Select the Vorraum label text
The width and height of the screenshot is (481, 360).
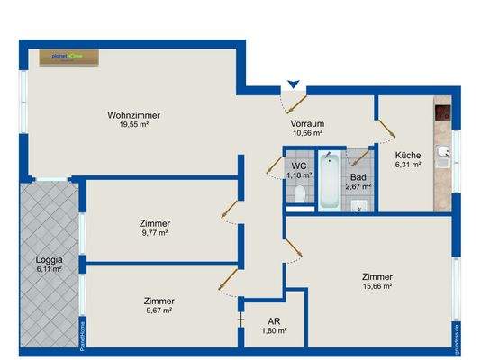tap(308, 124)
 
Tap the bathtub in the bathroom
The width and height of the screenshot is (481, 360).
tap(331, 180)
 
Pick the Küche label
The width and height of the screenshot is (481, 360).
tap(408, 155)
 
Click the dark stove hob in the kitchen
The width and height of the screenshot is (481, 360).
tap(442, 114)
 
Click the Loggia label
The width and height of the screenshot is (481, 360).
tap(49, 258)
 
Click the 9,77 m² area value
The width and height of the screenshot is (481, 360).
tap(155, 232)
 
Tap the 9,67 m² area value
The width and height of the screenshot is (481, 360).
tap(158, 310)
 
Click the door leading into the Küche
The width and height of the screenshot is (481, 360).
tap(386, 130)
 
